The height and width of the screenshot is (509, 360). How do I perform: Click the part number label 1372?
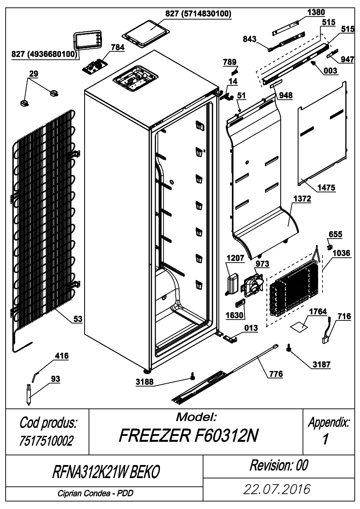pyautogui.click(x=302, y=199)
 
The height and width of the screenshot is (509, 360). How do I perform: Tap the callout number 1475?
pyautogui.click(x=326, y=188)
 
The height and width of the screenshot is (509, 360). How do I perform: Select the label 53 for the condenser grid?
pyautogui.click(x=78, y=319)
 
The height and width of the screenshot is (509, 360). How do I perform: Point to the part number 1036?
pyautogui.click(x=342, y=253)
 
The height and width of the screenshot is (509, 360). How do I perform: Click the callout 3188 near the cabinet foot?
pyautogui.click(x=145, y=382)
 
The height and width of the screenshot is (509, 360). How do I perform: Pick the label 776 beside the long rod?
pyautogui.click(x=276, y=374)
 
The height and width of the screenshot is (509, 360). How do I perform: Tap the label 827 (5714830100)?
pyautogui.click(x=198, y=13)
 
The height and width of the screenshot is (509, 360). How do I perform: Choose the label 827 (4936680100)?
pyautogui.click(x=44, y=54)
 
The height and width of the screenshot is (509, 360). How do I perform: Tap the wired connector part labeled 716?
pyautogui.click(x=327, y=331)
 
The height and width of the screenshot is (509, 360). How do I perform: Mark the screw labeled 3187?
pyautogui.click(x=288, y=347)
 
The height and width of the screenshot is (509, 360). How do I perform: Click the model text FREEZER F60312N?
pyautogui.click(x=189, y=436)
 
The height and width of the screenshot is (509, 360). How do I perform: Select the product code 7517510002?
pyautogui.click(x=47, y=441)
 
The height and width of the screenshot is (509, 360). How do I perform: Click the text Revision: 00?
pyautogui.click(x=279, y=465)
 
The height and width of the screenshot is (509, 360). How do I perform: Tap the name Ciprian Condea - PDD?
pyautogui.click(x=95, y=493)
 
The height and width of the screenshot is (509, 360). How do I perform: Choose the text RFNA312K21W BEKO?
pyautogui.click(x=106, y=472)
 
